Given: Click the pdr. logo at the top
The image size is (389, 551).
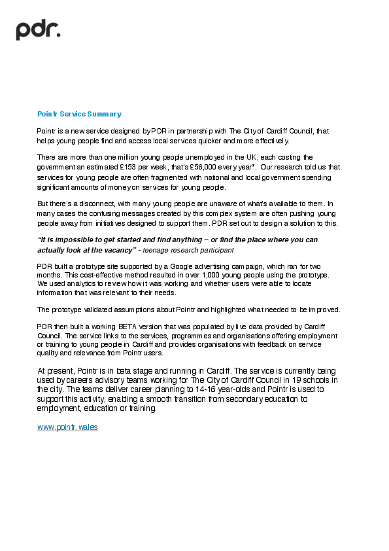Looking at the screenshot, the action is click(x=38, y=29).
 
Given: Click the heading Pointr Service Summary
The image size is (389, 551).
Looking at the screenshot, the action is click(x=79, y=114).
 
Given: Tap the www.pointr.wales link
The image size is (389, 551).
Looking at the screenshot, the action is click(x=67, y=427).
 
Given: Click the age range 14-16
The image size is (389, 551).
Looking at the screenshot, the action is click(x=168, y=389).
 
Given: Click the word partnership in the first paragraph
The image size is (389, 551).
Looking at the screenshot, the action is click(x=194, y=131).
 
